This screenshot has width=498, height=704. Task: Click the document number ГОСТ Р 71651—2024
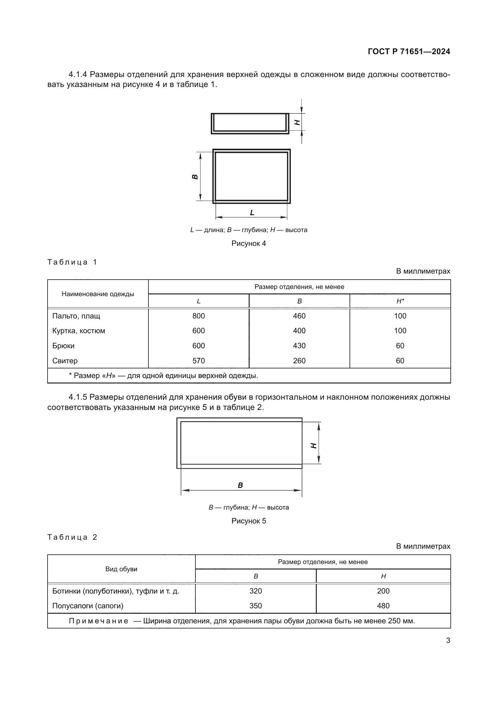pos(409,51)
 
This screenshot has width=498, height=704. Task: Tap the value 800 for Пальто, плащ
pos(198,316)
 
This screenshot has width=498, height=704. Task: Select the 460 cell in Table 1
pos(299,316)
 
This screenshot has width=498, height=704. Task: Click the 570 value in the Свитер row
pos(198,361)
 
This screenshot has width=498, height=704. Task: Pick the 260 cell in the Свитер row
pos(299,361)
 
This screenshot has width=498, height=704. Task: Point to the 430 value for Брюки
pos(299,346)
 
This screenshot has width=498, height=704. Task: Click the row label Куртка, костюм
pos(79,331)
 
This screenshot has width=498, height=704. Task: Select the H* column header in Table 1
pos(400,301)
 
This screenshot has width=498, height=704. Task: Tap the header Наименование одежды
pos(98,294)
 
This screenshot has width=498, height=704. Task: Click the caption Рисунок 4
pos(248,243)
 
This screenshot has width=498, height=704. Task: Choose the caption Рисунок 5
pos(248,521)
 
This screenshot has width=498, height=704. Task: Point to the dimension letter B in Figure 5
pos(240,485)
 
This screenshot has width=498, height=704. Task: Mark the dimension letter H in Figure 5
pos(313,445)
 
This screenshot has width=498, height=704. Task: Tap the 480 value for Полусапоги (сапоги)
pos(383,606)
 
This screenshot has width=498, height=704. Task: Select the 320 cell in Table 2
pos(255,591)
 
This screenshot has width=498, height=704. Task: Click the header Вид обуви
pos(121,569)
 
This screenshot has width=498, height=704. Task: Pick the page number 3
pos(448,640)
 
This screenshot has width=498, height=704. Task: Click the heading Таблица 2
pos(72,537)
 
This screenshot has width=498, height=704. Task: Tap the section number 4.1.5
pos(78,397)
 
